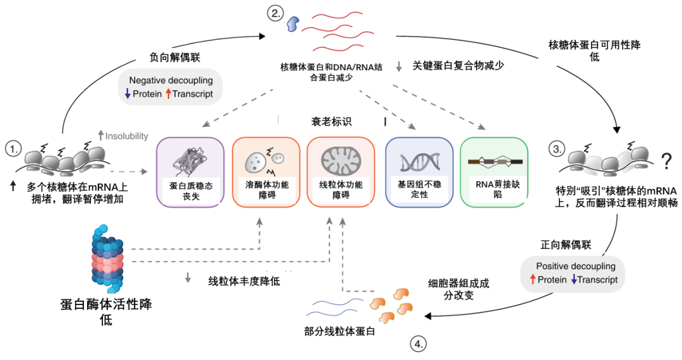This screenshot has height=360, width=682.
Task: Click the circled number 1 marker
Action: pos(13,149)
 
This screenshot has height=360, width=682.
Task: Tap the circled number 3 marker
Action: pos(556,149)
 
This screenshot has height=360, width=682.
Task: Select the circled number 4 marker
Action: pos(418,344)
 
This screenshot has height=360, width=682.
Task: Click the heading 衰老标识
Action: pos(332,121)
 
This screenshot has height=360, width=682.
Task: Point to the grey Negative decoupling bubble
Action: pos(170,87)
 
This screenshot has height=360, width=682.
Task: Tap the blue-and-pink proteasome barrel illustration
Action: pos(106,255)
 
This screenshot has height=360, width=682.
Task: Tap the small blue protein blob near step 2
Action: pos(294,23)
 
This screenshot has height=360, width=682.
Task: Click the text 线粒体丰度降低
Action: pos(244,280)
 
